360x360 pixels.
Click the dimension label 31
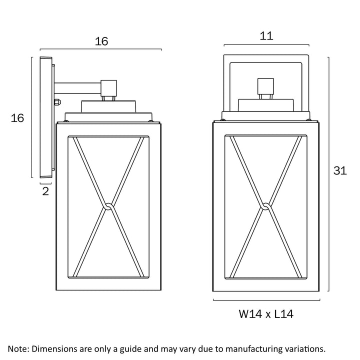click(340, 170)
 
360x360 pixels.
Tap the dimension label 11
click(266, 35)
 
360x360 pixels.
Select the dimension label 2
click(45, 191)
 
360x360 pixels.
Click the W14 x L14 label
click(265, 314)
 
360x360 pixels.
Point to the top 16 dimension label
click(101, 41)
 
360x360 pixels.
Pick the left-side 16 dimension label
click(17, 118)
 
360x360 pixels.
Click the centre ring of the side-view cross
click(108, 205)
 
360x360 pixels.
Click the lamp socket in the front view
click(265, 88)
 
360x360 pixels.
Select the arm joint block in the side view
click(108, 88)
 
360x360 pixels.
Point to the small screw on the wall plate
click(58, 102)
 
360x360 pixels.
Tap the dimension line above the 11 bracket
click(266, 45)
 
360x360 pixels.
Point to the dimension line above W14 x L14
click(266, 300)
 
